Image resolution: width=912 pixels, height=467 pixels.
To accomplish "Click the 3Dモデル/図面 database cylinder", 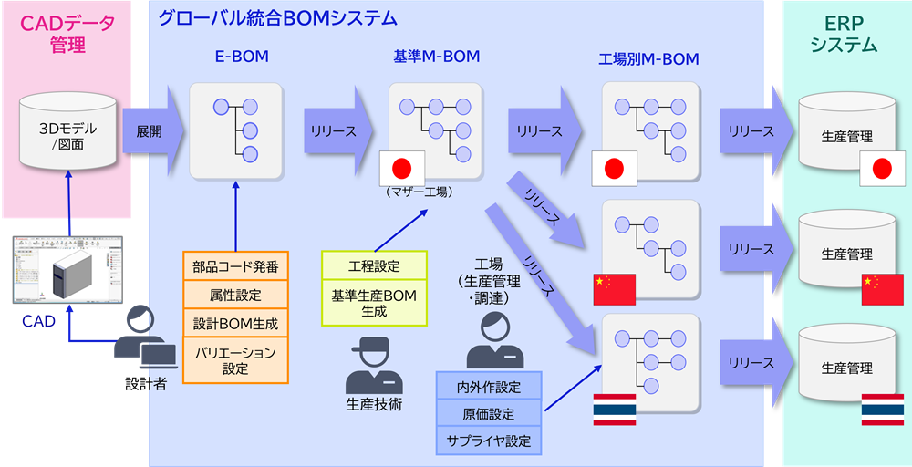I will tap(67, 135).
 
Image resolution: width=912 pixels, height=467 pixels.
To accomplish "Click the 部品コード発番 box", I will tap(235, 267).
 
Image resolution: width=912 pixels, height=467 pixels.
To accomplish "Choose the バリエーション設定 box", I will tap(235, 359).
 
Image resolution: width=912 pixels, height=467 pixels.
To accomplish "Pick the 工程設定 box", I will tap(374, 265).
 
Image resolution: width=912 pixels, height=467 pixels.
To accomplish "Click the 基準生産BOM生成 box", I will tap(374, 303).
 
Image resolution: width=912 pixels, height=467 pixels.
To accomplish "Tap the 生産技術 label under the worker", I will tap(374, 404).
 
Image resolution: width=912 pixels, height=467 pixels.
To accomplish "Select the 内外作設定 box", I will tap(489, 386).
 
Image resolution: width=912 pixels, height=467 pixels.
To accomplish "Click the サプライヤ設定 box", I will tap(489, 441).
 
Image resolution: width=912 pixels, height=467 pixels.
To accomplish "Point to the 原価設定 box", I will tap(489, 414).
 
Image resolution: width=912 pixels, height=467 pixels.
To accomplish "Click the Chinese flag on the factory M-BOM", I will tap(614, 288).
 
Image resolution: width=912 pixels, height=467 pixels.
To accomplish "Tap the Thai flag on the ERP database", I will tap(882, 410).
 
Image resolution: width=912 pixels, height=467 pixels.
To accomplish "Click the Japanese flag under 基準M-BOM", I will tap(402, 168).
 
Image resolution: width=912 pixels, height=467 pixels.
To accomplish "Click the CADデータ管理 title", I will tap(68, 34).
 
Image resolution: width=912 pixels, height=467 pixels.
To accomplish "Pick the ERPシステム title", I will tap(844, 34).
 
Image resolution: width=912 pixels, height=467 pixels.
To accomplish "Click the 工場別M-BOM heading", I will tap(648, 60).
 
